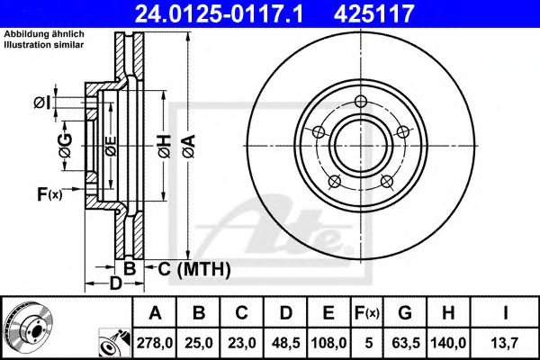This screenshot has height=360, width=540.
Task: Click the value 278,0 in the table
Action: (156, 342)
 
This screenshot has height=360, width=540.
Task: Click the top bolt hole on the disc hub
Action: (361, 101)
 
